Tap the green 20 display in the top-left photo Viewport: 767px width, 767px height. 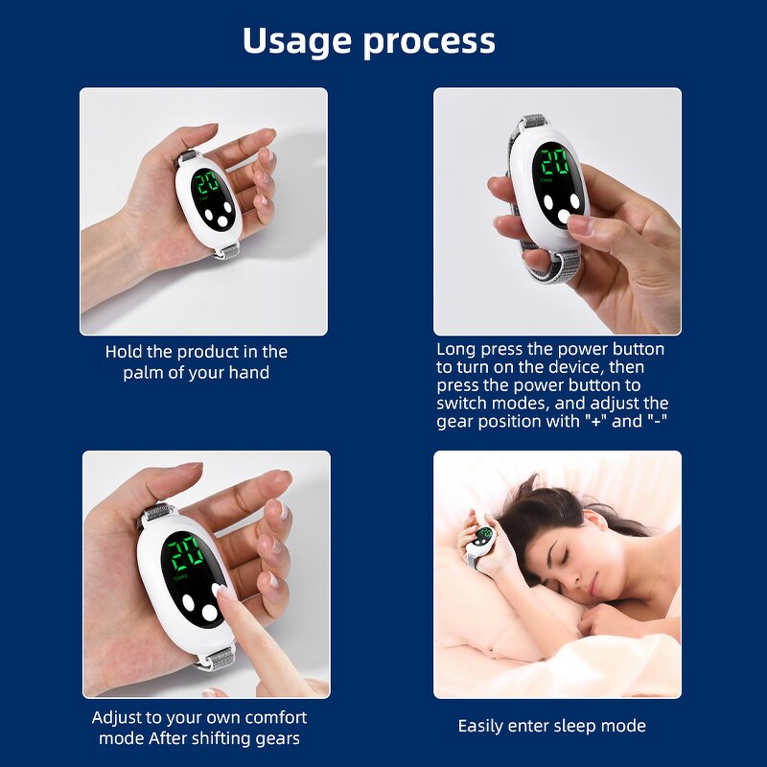[208, 183]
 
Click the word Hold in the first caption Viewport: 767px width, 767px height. [125, 352]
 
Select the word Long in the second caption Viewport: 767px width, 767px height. [456, 349]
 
